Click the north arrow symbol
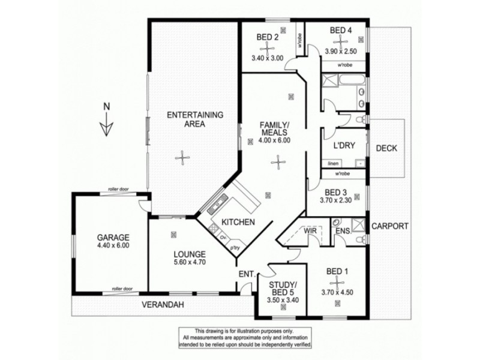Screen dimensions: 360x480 point(106,122)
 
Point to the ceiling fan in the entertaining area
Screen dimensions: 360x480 point(180,157)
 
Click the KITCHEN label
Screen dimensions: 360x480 point(239,222)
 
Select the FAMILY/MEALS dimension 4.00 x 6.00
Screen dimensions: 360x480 point(274,140)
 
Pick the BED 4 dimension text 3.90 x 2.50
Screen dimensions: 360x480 point(340,51)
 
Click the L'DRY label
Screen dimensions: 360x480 point(344,146)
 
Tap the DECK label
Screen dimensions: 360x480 point(387,148)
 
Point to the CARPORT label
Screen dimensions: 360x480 point(390,226)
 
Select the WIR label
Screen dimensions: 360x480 point(310,230)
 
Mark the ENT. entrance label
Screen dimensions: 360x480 point(245,274)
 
